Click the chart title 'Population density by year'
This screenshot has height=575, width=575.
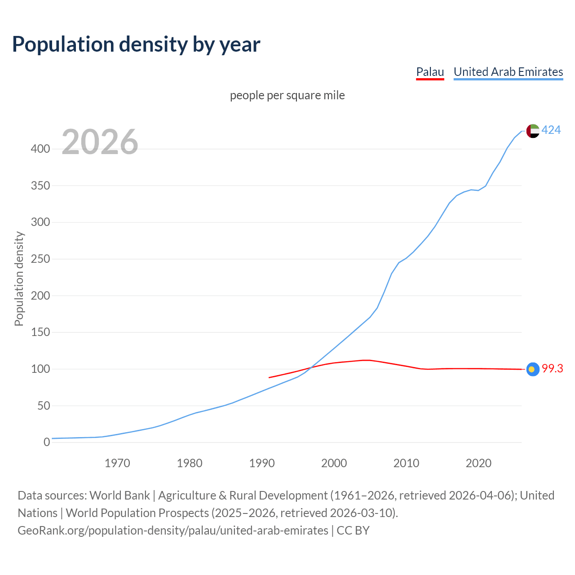136,44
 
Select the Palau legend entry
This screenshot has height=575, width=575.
430,72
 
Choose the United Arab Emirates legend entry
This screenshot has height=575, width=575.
508,72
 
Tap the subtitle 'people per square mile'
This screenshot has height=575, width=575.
287,95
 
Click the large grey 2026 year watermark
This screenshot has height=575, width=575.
100,142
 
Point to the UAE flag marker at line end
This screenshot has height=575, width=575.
533,131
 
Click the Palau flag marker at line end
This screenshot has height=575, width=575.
533,369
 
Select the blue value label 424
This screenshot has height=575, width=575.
551,130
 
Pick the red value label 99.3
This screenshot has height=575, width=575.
552,369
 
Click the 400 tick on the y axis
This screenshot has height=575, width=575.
40,149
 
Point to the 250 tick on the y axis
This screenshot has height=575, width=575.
40,259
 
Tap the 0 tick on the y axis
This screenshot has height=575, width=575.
46,442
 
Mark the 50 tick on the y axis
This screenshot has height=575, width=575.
43,406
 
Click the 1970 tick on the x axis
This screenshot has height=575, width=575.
117,463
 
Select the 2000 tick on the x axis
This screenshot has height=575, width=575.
334,463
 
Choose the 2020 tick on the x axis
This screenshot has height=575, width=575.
478,463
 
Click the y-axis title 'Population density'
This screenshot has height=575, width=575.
19,279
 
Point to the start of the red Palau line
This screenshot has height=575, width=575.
269,377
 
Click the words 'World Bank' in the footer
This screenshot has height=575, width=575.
119,495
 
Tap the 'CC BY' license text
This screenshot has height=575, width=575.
353,531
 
